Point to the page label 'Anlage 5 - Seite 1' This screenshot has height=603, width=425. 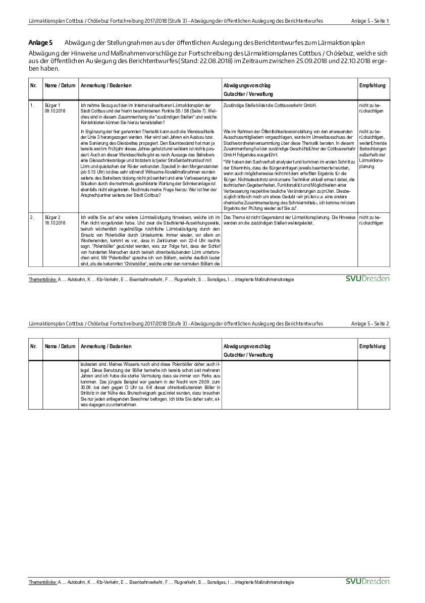click(370, 21)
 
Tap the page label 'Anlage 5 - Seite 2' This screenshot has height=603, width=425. click(370, 323)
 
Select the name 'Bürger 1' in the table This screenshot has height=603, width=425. click(52, 105)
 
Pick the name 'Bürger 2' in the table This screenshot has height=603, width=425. click(52, 217)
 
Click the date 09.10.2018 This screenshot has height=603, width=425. click(55, 110)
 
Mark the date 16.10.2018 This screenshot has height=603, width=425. click(55, 223)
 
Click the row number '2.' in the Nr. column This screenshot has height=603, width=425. click(32, 217)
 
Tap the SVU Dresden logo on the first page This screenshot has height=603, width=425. click(367, 279)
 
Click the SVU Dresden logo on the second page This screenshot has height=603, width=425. click(367, 581)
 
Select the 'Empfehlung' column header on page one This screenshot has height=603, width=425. click(372, 86)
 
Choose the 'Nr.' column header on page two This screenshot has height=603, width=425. click(33, 347)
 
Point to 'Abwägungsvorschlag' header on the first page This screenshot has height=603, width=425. click(247, 86)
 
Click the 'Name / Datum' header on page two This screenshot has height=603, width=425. click(60, 347)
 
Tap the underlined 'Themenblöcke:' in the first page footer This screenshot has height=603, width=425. click(42, 280)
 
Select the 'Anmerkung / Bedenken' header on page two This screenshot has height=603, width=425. click(106, 347)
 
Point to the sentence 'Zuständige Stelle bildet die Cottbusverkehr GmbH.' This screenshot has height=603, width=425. click(270, 105)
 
